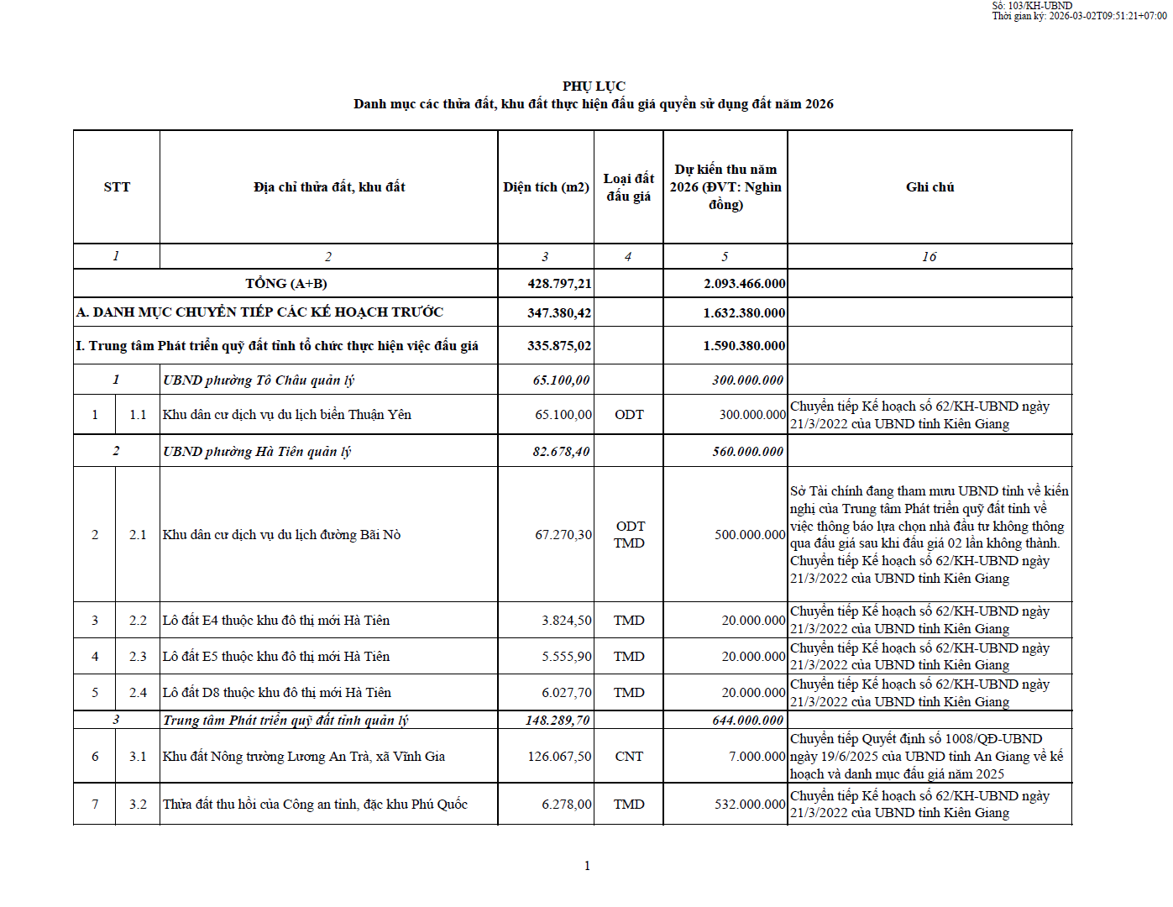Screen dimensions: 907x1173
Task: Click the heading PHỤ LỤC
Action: click(x=594, y=86)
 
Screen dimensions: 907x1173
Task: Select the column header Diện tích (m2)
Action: click(x=546, y=187)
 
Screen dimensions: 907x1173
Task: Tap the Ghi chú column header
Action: click(x=929, y=187)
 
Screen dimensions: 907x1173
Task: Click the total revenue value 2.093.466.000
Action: click(x=744, y=284)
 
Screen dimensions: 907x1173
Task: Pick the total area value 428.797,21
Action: click(x=559, y=284)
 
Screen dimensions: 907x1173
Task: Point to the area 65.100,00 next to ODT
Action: click(x=563, y=415)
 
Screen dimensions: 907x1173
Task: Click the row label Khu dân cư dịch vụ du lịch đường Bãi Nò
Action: click(x=281, y=535)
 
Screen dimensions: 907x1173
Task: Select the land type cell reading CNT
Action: click(x=629, y=757)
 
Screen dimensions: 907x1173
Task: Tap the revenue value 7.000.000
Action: click(x=757, y=757)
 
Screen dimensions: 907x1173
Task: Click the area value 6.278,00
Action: click(x=566, y=805)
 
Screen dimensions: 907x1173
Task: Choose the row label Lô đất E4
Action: click(x=276, y=621)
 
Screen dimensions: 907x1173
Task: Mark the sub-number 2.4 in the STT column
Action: click(x=138, y=693)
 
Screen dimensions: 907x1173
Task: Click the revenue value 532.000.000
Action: click(x=750, y=805)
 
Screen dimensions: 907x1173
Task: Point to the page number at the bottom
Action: click(x=587, y=866)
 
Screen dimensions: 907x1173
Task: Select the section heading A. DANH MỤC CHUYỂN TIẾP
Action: click(x=259, y=312)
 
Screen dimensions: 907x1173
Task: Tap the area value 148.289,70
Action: click(x=558, y=721)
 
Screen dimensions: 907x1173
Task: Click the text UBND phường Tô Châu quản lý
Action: click(x=259, y=380)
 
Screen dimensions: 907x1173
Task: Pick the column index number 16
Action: click(x=929, y=257)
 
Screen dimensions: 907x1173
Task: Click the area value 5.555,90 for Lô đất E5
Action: click(x=566, y=657)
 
